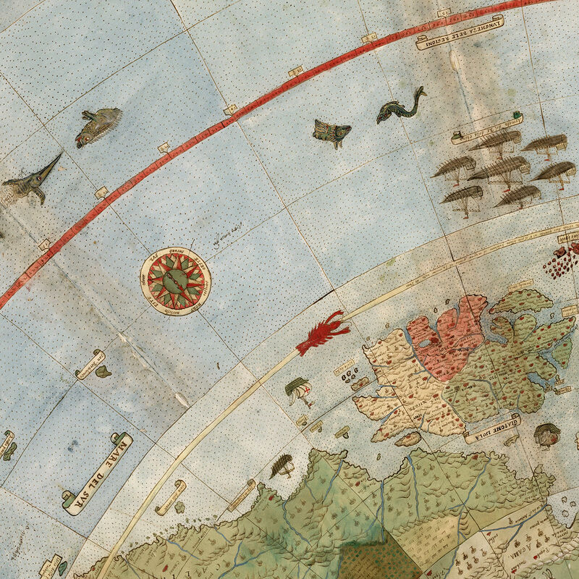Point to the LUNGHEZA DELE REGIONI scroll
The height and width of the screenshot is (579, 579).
point(460,32)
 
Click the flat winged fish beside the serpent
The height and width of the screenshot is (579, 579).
point(331,132)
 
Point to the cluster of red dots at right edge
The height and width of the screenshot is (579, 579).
point(563,261)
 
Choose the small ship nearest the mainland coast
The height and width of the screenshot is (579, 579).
point(282,467)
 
